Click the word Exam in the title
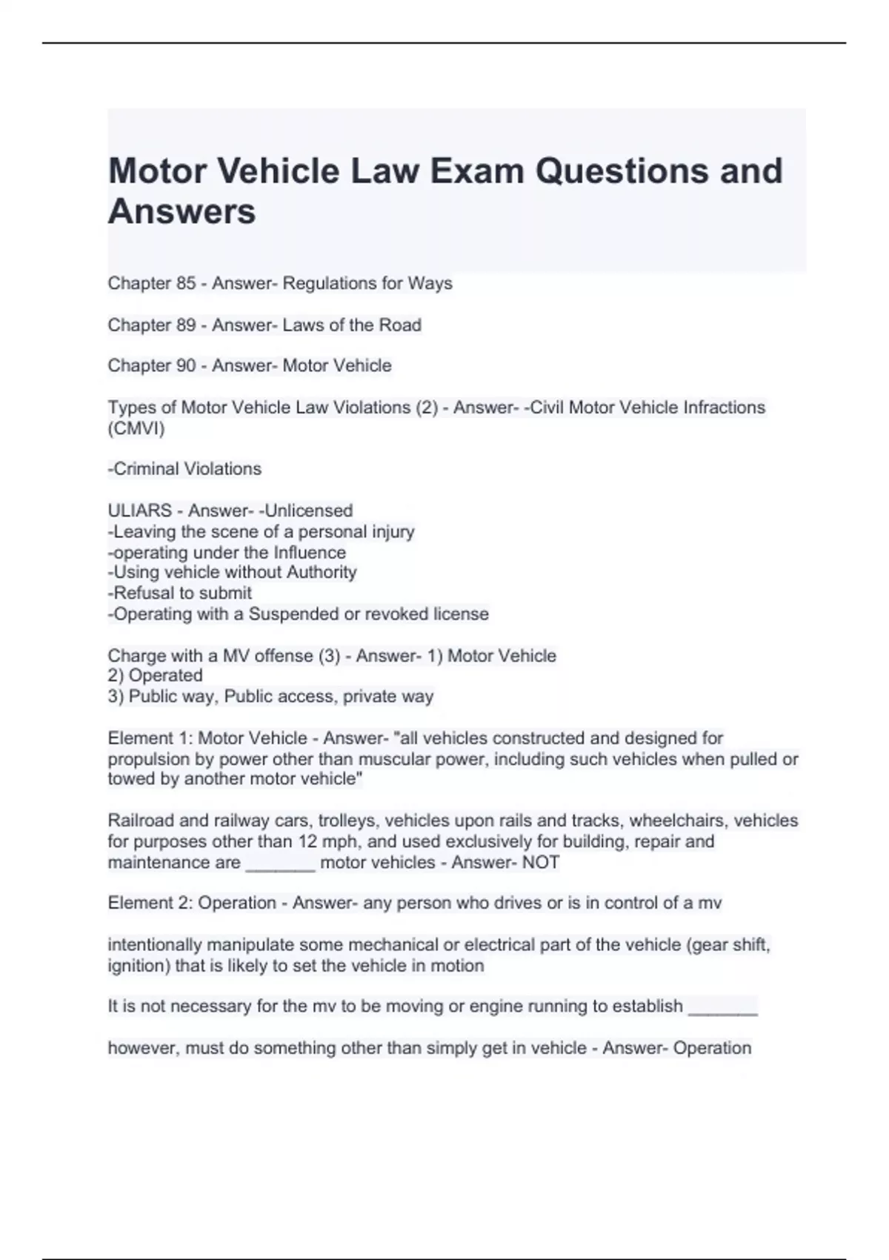476,171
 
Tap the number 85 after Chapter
185,283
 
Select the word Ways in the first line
430,283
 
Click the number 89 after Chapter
185,325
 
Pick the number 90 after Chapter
185,365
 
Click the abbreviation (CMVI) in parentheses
136,428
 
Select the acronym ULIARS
139,511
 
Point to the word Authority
324,572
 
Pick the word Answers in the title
182,211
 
